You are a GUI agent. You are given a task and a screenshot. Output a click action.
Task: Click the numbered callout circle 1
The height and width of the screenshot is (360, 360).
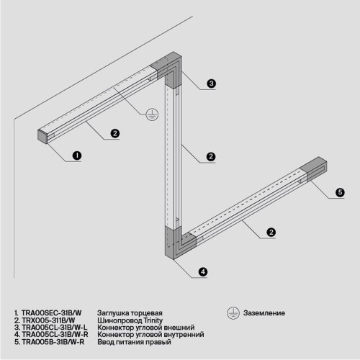[x=76, y=155]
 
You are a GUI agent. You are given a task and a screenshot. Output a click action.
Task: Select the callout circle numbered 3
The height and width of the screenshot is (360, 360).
[x=212, y=84]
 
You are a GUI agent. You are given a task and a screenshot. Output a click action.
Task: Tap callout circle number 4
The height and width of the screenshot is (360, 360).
[x=203, y=271]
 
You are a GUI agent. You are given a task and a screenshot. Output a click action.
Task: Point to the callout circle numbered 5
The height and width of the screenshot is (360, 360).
[x=339, y=192]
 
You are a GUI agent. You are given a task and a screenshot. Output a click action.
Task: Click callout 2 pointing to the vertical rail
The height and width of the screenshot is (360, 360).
[x=210, y=156]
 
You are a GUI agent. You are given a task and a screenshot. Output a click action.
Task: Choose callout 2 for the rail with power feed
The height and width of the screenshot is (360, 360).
[x=270, y=232]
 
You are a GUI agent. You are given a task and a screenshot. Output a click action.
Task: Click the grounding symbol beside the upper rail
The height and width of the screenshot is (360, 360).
[x=151, y=113]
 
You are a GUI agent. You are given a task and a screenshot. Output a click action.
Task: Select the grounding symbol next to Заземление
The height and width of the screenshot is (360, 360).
[x=233, y=313]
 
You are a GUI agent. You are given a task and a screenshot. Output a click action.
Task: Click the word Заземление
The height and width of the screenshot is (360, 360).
[x=264, y=313]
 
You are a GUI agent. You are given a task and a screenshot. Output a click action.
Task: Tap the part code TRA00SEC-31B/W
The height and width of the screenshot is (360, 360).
[x=51, y=313]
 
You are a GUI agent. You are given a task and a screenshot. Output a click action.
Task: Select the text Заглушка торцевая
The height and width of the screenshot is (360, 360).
[x=129, y=313]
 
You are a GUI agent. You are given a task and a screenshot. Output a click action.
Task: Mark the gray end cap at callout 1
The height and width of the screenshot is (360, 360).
[x=42, y=135]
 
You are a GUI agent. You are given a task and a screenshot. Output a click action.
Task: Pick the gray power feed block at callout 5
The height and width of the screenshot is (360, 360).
[x=316, y=167]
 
